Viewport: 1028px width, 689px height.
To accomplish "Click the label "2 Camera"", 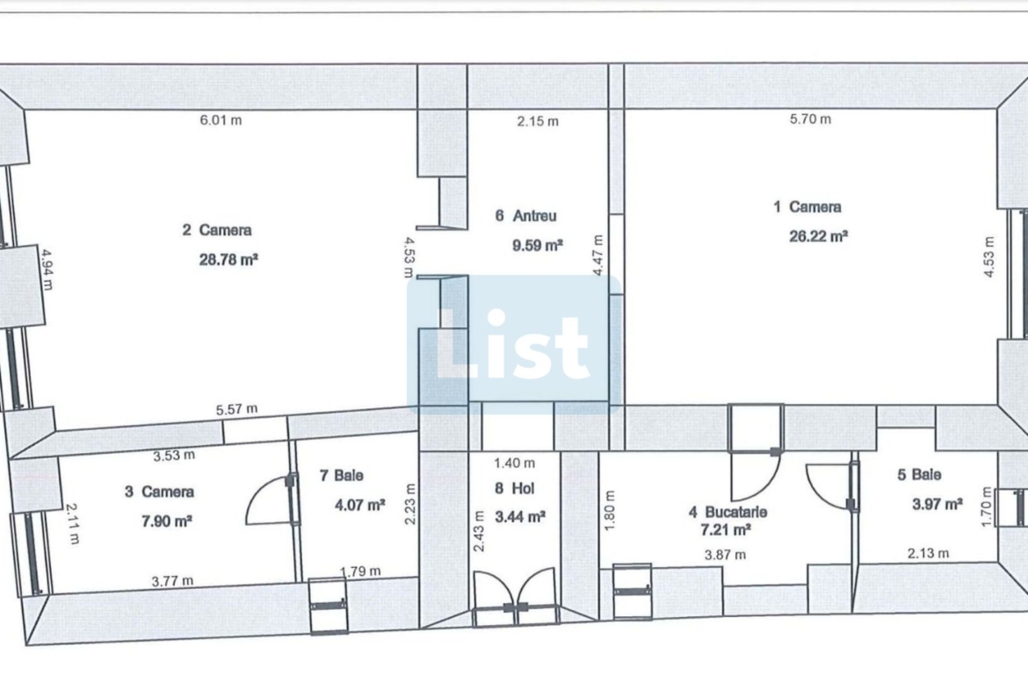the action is [x=216, y=230].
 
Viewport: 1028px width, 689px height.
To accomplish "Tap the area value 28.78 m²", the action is [x=228, y=259].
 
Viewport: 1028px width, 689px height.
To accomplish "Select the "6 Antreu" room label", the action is [x=525, y=215].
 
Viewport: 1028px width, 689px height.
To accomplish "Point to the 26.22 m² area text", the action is [x=818, y=236].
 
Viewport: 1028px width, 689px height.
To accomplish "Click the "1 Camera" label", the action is [x=807, y=207].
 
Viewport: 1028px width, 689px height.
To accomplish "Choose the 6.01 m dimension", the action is [x=221, y=120].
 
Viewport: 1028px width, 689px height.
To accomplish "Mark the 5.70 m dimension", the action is [x=810, y=118].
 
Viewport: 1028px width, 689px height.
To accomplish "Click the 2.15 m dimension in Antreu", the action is [x=538, y=121].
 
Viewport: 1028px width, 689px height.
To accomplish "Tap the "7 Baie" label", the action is [x=342, y=475].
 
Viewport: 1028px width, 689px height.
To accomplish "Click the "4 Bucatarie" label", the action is [x=728, y=513].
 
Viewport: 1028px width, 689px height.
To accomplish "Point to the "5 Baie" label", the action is [x=920, y=474].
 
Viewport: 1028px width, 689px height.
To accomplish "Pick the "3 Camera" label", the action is [x=159, y=492].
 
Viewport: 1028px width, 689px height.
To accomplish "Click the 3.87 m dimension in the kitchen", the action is [x=725, y=555].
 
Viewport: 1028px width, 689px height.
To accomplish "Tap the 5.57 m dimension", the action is [x=236, y=409].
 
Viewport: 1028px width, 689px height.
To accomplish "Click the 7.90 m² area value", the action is [x=167, y=521].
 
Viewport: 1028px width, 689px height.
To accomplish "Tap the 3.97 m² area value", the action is [x=938, y=505].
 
